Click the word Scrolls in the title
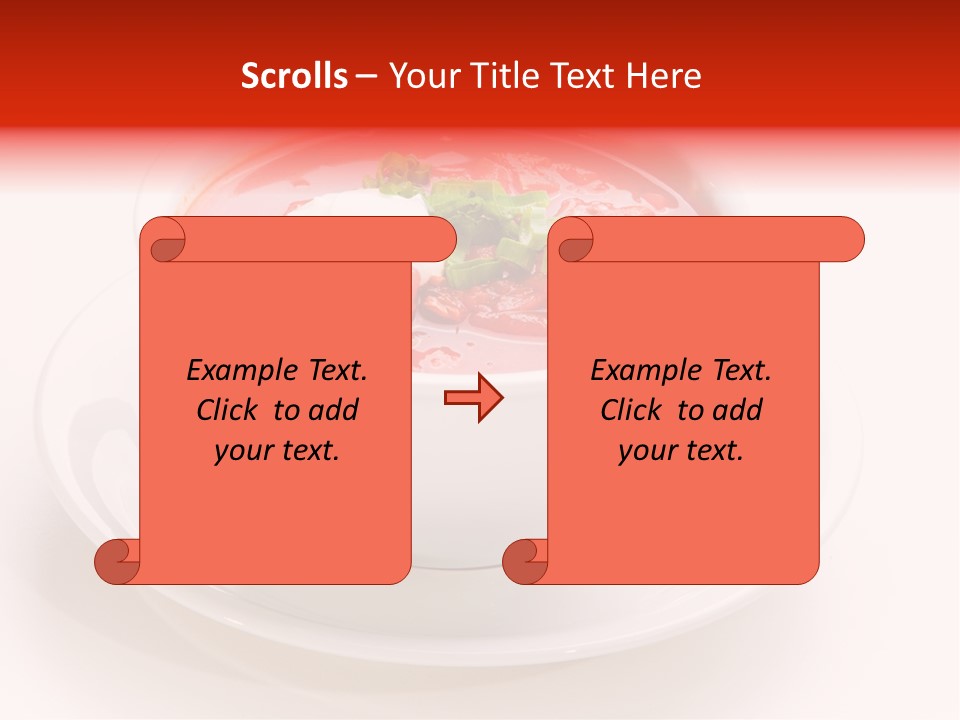pos(294,76)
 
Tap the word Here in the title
pos(664,76)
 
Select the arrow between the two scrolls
pos(473,399)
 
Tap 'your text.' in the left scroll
pos(277,450)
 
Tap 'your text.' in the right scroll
pos(681,450)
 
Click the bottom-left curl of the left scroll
pos(117,562)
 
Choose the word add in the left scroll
pos(334,410)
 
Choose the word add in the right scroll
pos(738,410)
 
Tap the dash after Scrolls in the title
pos(366,77)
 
